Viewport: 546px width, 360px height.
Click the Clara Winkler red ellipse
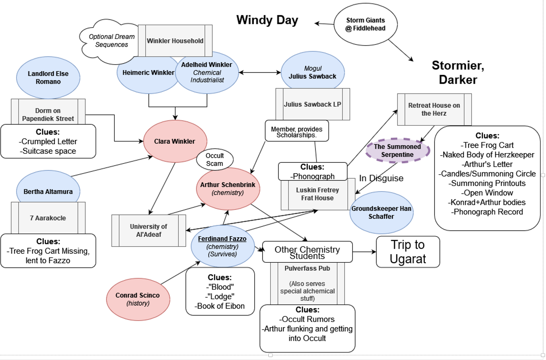point(175,141)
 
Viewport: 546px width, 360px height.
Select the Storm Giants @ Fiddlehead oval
point(365,24)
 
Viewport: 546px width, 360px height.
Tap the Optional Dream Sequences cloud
point(111,41)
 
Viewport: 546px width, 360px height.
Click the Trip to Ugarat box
point(408,252)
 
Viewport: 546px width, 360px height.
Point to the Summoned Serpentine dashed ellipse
point(397,150)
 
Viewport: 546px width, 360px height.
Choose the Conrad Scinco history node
point(138,299)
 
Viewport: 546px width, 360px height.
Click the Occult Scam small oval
point(215,159)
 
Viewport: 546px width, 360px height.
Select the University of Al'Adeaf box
point(149,230)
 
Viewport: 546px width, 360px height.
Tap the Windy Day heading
point(267,20)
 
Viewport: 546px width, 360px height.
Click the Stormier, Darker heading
point(458,72)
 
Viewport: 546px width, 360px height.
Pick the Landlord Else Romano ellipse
point(48,77)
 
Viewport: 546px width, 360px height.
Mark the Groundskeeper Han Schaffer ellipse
point(381,213)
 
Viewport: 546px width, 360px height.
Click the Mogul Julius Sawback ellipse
point(313,72)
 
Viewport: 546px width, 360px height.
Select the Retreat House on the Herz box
point(434,109)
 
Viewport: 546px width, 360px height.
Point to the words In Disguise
point(381,178)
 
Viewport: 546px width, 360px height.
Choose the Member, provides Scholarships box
point(297,132)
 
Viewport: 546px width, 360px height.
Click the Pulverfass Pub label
point(307,268)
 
